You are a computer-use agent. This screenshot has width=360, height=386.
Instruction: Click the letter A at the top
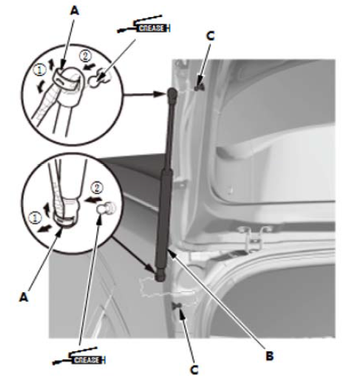75,11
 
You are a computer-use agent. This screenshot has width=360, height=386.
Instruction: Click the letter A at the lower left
24,297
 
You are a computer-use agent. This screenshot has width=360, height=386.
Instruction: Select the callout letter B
270,356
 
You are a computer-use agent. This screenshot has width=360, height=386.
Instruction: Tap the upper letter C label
210,36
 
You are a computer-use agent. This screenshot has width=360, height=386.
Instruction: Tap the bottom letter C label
194,370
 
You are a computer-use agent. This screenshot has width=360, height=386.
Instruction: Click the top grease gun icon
143,25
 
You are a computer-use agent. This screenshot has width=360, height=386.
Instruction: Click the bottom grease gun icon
79,356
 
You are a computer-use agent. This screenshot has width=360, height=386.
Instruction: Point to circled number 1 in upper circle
39,70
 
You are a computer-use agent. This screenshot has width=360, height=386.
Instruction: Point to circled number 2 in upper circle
85,56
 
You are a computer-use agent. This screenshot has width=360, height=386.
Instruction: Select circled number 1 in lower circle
35,218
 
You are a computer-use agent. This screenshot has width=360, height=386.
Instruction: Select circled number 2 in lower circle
96,188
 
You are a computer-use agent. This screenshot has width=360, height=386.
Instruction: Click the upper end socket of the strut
172,93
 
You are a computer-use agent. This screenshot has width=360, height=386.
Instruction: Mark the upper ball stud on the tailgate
199,87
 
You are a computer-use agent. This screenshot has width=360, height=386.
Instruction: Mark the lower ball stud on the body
177,306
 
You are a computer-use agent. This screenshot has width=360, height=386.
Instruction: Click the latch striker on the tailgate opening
254,237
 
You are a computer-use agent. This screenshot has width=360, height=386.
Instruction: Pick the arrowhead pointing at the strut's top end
160,94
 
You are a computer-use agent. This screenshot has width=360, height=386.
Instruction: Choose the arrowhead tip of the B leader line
168,250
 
